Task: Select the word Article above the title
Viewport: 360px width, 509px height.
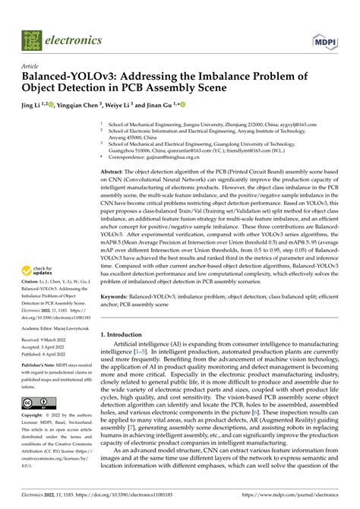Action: point(30,66)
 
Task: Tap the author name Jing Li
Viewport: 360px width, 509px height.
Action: point(32,106)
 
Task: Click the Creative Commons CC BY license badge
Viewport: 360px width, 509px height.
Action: point(37,402)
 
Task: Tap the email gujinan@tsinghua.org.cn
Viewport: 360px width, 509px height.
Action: point(171,160)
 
